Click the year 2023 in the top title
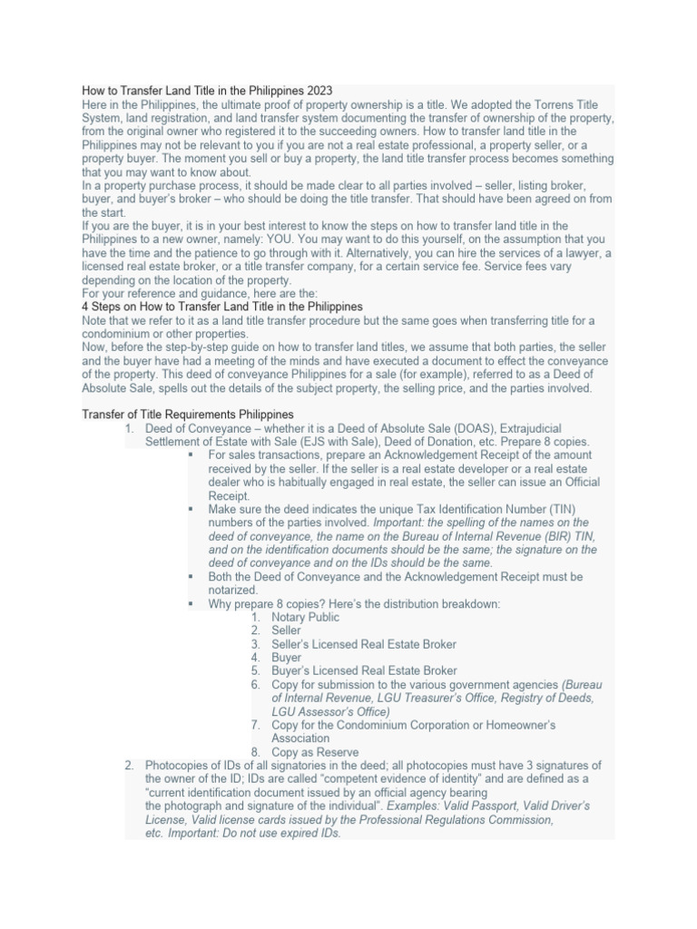point(319,91)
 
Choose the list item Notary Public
point(305,617)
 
